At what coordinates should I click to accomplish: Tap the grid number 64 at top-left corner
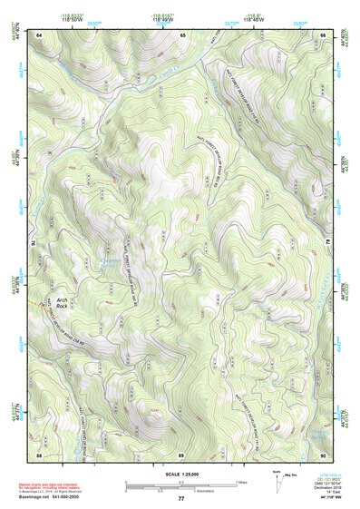point(39,34)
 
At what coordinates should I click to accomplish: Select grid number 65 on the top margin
point(181,34)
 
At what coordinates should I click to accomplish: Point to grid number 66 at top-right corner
point(324,34)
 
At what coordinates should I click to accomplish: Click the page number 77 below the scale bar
point(181,499)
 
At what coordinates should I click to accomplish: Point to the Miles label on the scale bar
point(240,482)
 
